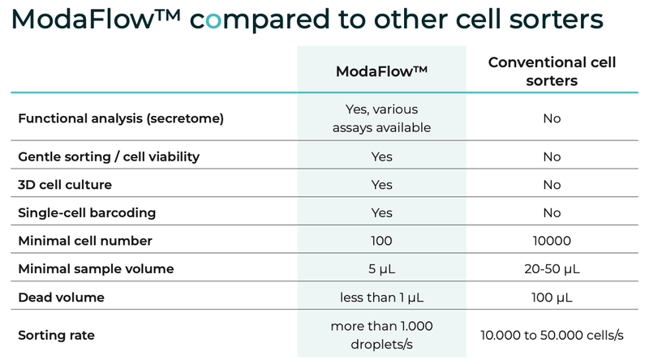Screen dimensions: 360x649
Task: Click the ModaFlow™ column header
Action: [381, 71]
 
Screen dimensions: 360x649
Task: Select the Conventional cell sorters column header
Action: [552, 71]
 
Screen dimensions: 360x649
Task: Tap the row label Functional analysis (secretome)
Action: [120, 118]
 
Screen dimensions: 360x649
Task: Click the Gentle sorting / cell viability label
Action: [109, 156]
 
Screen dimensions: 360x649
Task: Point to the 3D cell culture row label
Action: [65, 184]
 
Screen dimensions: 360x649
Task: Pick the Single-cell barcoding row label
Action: [87, 212]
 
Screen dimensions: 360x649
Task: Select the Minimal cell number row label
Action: [85, 241]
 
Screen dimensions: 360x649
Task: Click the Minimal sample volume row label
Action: [96, 269]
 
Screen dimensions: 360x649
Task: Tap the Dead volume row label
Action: [61, 298]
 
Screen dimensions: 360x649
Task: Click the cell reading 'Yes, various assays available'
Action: [381, 118]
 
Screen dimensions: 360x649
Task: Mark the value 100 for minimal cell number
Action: [381, 241]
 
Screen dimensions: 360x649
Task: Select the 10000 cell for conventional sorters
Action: [552, 241]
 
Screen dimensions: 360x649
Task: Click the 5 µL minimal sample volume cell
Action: [381, 269]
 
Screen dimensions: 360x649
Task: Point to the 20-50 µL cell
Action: [552, 269]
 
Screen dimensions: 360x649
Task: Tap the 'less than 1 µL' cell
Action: [381, 298]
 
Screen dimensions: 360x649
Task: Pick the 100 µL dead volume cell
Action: [552, 298]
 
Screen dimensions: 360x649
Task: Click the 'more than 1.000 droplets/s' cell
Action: [381, 334]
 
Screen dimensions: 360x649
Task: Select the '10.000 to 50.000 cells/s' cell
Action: [552, 334]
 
